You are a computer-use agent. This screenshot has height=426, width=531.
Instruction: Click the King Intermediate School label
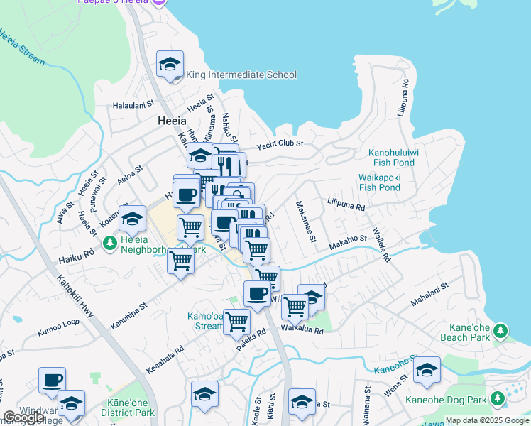click(x=241, y=75)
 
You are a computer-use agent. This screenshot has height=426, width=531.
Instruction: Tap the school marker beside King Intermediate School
click(x=170, y=65)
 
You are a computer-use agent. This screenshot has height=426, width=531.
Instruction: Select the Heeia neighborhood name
click(x=172, y=121)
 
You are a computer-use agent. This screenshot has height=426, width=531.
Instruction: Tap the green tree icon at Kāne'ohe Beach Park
click(x=501, y=330)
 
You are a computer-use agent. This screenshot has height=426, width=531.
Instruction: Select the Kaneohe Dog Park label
click(x=446, y=400)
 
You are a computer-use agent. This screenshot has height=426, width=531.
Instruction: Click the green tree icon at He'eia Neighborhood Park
click(x=109, y=244)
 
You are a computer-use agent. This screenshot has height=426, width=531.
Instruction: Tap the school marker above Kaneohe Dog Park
click(x=427, y=370)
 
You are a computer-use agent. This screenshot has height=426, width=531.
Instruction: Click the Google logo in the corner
click(x=24, y=417)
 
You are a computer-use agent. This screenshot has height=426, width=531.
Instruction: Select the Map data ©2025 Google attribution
click(x=486, y=420)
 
